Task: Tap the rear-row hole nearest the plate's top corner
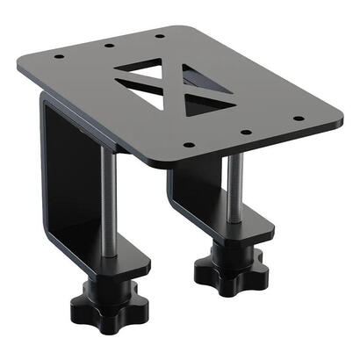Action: [x=159, y=35]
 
